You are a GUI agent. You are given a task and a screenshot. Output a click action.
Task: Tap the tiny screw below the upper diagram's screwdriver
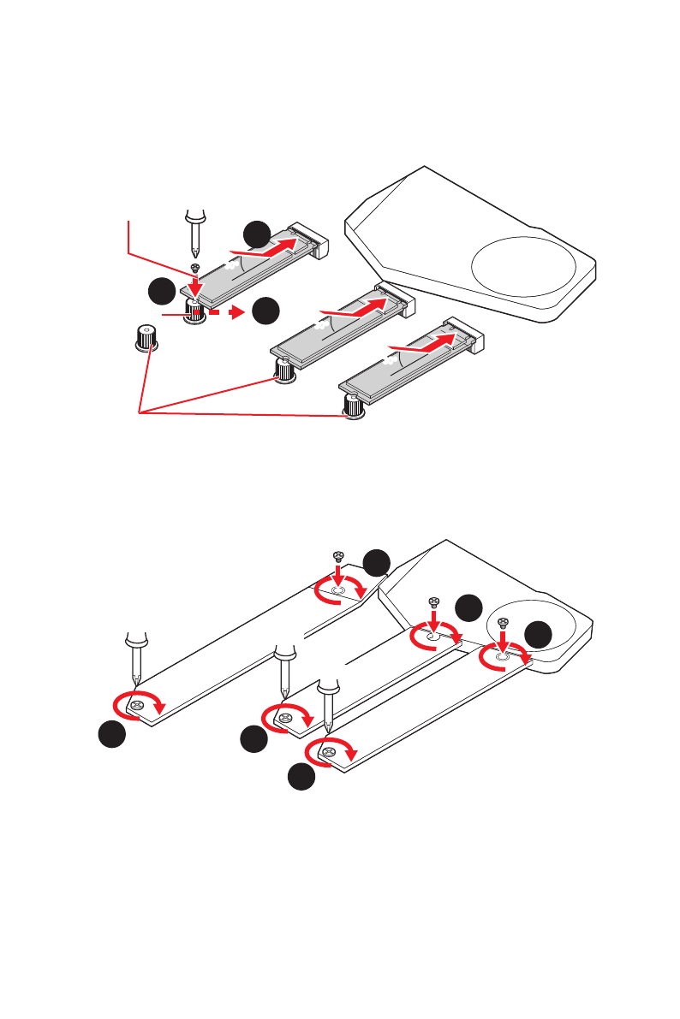point(196,269)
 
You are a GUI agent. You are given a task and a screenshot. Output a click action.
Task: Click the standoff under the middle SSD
point(283,370)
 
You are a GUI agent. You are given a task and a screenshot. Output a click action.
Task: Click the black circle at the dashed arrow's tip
point(266,311)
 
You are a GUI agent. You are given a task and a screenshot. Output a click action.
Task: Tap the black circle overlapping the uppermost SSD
point(255,234)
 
